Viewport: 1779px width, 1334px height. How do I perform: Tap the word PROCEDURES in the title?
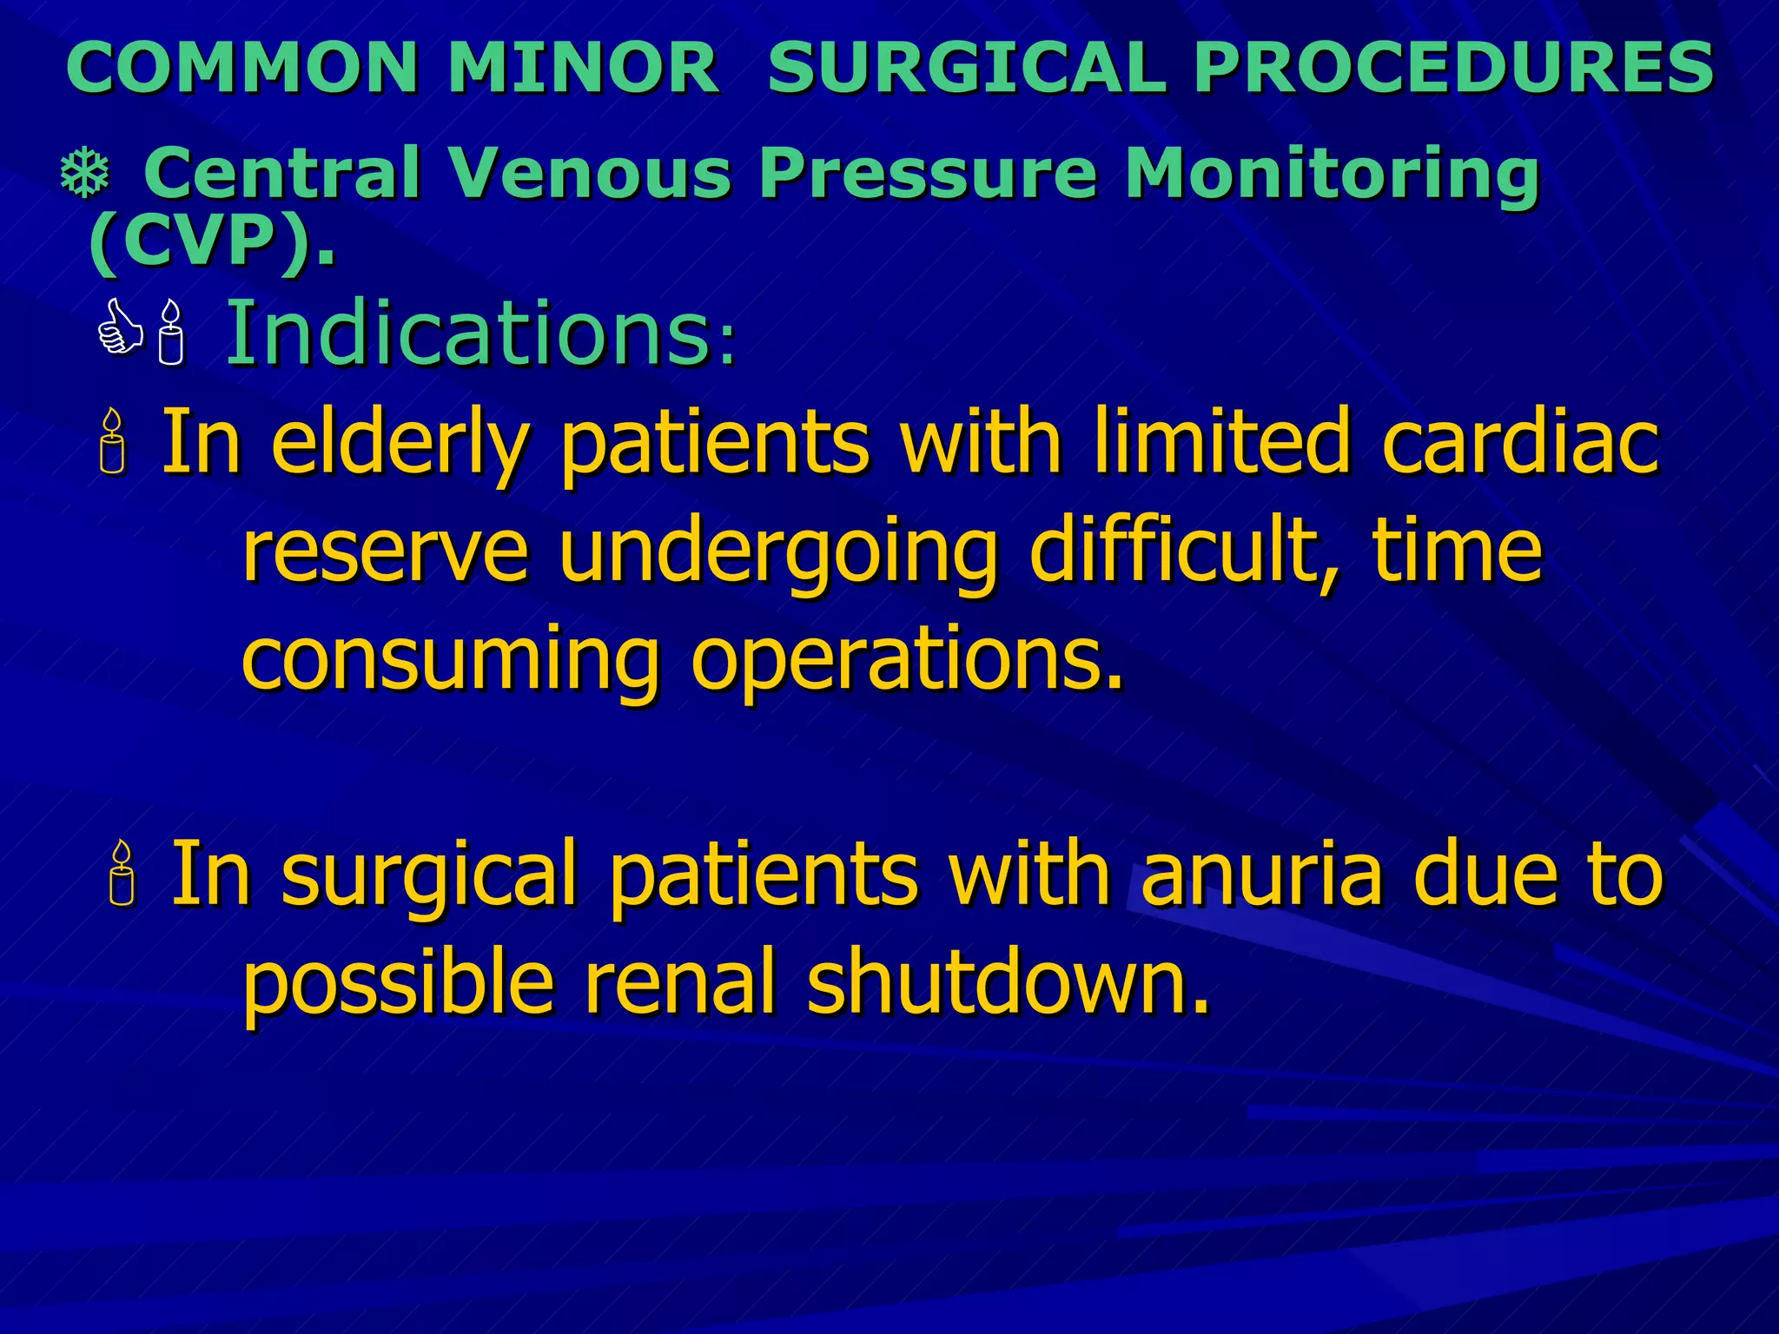[x=1453, y=68]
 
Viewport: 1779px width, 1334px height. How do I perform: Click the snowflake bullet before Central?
[x=85, y=174]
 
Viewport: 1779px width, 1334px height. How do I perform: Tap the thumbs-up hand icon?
[x=120, y=328]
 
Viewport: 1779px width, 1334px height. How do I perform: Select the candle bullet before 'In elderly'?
[x=113, y=443]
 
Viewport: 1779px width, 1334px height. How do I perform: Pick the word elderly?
[x=400, y=445]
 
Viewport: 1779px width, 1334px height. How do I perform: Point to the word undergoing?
[x=777, y=554]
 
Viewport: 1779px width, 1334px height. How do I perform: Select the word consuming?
[x=450, y=662]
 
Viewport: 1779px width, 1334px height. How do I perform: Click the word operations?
[x=907, y=662]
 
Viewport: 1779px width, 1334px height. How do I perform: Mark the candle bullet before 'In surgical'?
[x=122, y=874]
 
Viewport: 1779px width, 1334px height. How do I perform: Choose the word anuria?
[x=1261, y=874]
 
